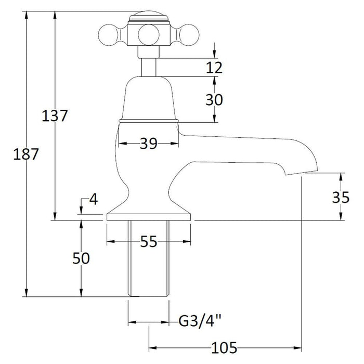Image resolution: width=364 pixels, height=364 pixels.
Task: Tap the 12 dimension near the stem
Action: [x=214, y=67]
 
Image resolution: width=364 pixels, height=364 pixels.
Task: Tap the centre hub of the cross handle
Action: [x=149, y=35]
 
